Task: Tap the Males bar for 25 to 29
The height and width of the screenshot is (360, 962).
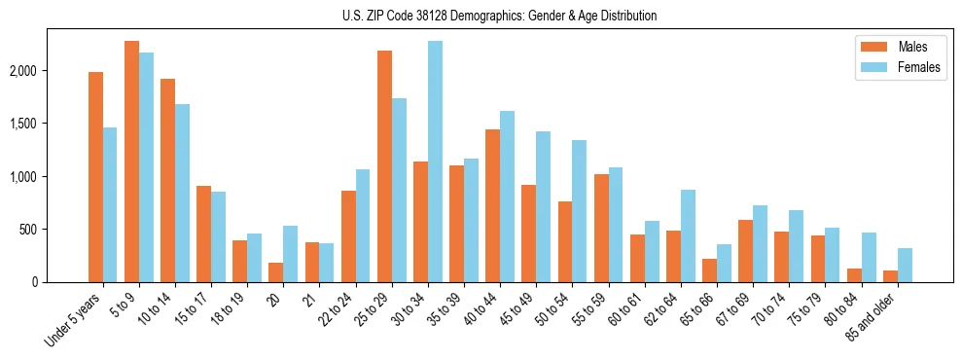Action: (x=384, y=166)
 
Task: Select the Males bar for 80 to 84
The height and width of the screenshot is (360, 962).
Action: (x=854, y=275)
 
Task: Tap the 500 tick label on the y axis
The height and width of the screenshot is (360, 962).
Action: (x=56, y=230)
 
